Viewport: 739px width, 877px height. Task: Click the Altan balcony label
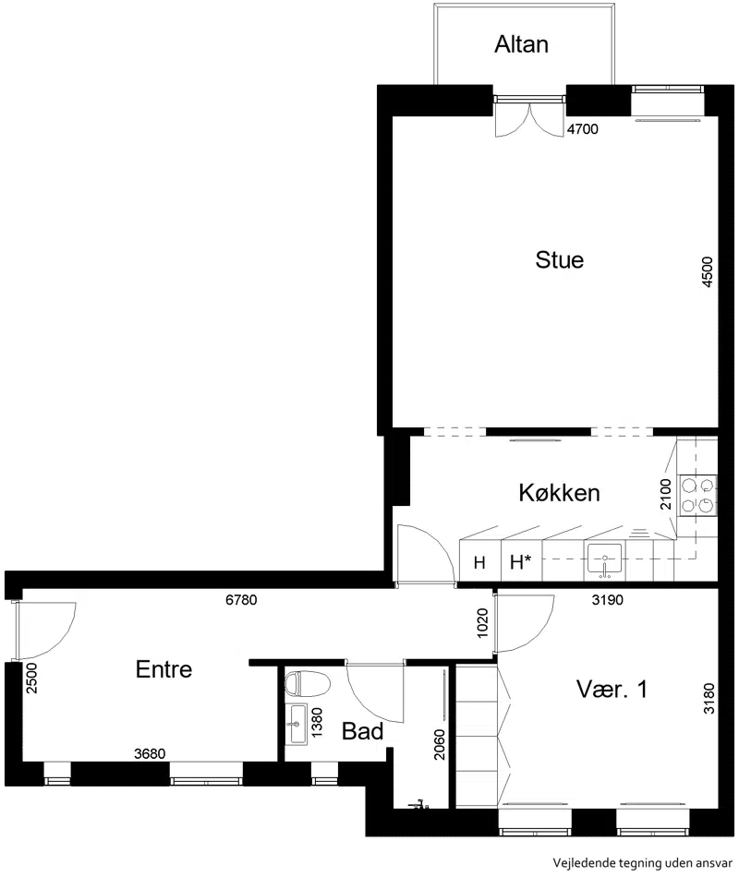(x=521, y=44)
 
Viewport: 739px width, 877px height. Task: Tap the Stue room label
(x=559, y=260)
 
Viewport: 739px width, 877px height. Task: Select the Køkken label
(x=559, y=493)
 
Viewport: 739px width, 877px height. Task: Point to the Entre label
(x=164, y=669)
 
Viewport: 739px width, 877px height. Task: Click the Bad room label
(x=362, y=731)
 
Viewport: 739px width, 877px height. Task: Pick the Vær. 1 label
(x=612, y=690)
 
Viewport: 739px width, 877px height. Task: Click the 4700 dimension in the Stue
(x=583, y=129)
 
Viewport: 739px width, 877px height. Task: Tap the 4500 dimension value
(x=708, y=271)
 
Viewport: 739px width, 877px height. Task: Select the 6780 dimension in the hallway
(x=241, y=600)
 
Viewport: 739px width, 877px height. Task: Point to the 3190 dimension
(x=608, y=600)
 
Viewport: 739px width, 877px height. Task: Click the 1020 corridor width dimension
(x=482, y=623)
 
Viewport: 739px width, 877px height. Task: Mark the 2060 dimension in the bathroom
(x=440, y=744)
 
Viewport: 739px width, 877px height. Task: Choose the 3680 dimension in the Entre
(x=150, y=754)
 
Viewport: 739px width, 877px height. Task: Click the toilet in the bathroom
(x=308, y=683)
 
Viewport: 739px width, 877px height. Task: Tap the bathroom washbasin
(x=297, y=725)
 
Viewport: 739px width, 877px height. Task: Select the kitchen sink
(x=604, y=560)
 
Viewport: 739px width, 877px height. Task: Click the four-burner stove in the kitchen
(x=697, y=495)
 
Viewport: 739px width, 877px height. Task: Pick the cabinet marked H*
(x=521, y=561)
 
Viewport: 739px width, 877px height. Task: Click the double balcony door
(x=529, y=116)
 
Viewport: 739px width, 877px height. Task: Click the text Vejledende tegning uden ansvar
(x=643, y=862)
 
